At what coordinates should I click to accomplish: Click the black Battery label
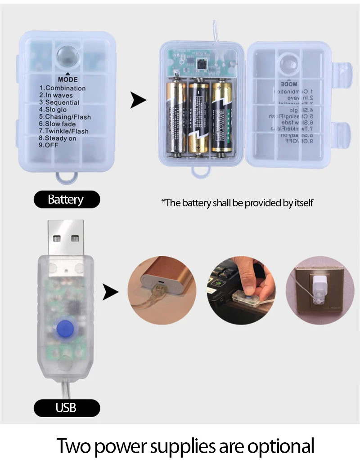(x=66, y=199)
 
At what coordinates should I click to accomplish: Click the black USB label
(x=66, y=408)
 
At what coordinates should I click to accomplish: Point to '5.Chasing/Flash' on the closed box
(x=64, y=117)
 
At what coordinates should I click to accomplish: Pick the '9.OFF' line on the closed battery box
(x=49, y=146)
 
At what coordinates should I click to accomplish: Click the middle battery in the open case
(x=199, y=117)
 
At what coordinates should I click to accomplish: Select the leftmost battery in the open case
(x=175, y=117)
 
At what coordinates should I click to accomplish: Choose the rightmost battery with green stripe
(x=223, y=117)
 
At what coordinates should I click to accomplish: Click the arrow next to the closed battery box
(x=138, y=100)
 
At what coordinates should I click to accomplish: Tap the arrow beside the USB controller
(x=110, y=293)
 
